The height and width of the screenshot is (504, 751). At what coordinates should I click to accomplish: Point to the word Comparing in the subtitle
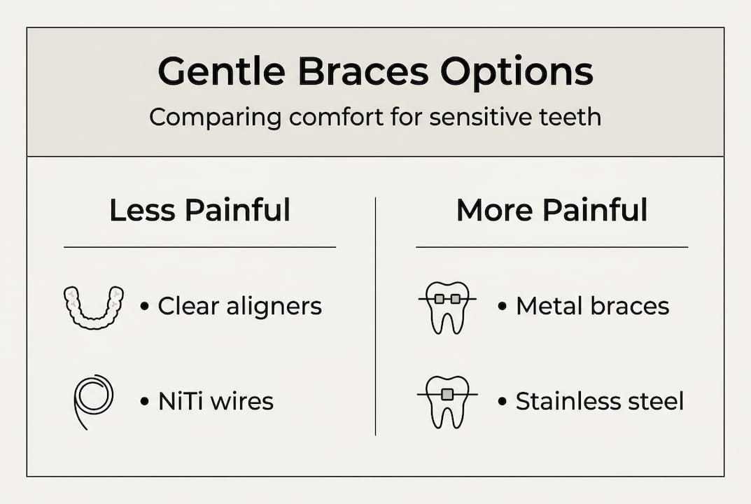point(212,116)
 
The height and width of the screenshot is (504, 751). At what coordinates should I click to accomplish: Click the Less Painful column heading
point(199,211)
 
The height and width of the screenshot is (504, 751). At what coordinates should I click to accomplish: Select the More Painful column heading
point(552,211)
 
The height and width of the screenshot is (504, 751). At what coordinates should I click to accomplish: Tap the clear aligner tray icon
point(93,307)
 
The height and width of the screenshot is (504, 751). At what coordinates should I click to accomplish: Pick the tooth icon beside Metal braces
point(447,307)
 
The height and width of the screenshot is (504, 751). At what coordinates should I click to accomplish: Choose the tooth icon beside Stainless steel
point(447,401)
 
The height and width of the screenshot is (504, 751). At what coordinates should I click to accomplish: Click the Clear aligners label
point(239,307)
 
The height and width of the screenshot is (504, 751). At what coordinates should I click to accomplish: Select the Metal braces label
point(592,307)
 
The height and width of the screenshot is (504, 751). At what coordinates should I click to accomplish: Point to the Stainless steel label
point(599,401)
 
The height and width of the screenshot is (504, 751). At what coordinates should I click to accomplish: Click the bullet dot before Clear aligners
point(145,307)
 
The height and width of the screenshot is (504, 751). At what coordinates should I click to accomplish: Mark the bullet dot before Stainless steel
point(503,402)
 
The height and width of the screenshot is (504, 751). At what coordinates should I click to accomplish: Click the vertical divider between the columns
point(376,315)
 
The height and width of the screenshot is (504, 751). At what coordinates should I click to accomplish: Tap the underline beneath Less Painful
point(199,247)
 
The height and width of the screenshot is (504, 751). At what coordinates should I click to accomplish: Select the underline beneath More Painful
point(552,247)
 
